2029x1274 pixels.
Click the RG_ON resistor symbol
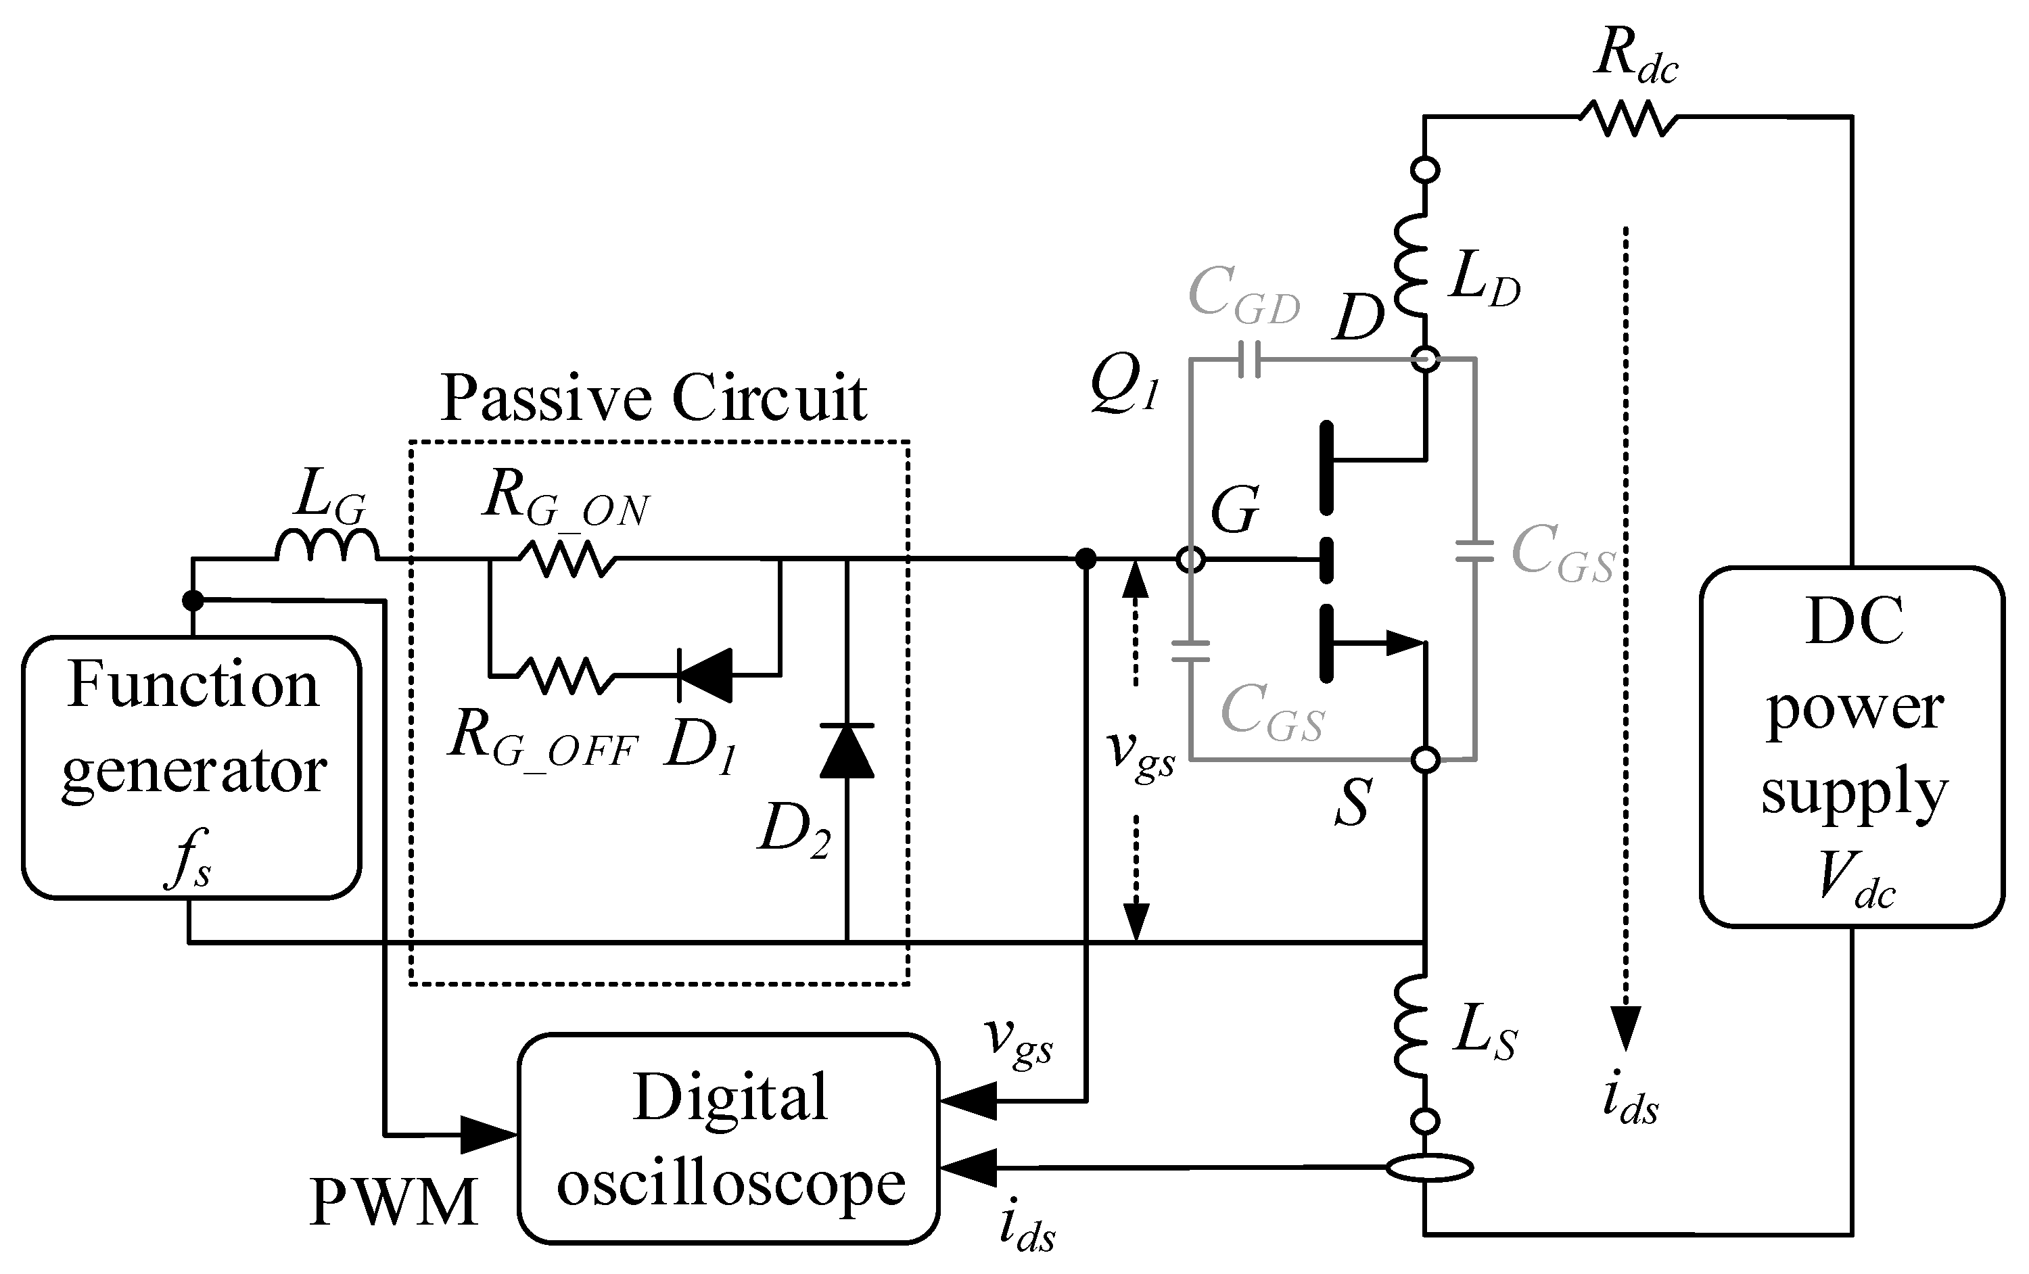pos(566,559)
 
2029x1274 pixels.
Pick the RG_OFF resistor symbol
pos(566,676)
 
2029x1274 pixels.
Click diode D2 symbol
pos(847,750)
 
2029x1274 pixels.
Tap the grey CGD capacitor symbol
pos(1249,360)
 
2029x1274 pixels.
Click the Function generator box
pos(191,767)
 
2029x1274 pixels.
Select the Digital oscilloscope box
pos(729,1137)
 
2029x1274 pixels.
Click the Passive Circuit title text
pos(653,398)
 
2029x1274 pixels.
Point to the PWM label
pos(394,1203)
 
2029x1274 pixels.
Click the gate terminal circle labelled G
pos(1190,559)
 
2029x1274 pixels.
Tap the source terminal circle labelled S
pos(1425,759)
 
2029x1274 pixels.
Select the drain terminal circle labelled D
pos(1425,360)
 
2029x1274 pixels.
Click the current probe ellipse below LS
pos(1429,1168)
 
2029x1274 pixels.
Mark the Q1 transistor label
pos(1125,383)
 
